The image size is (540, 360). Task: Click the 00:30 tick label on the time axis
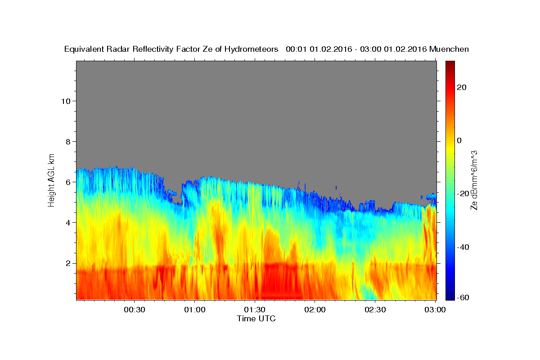(134, 310)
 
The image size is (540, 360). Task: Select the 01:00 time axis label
(194, 310)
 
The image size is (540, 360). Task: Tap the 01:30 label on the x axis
(255, 310)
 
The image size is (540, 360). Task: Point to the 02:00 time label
(315, 310)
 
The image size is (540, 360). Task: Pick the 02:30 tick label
(375, 310)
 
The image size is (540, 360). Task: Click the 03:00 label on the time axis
(435, 310)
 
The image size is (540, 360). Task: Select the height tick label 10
(66, 101)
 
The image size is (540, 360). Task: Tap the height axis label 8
(68, 142)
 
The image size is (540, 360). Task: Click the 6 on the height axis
(68, 182)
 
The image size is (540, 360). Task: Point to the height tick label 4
(68, 223)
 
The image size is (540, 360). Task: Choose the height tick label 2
(68, 263)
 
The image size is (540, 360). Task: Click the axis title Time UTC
(256, 319)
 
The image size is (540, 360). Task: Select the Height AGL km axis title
(51, 180)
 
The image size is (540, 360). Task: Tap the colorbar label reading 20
(462, 87)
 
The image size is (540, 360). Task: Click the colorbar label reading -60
(463, 297)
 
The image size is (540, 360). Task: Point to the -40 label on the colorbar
(463, 247)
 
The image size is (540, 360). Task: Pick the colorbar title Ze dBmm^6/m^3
(474, 180)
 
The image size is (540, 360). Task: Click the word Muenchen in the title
(449, 49)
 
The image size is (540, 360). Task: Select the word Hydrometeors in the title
(251, 49)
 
